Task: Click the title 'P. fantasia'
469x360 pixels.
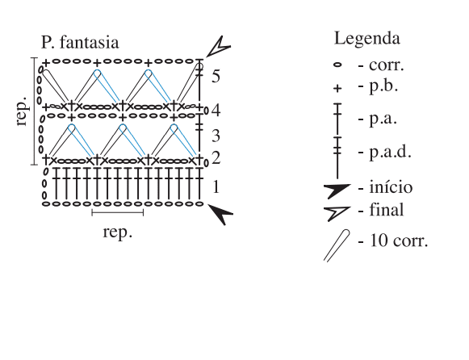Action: [80, 43]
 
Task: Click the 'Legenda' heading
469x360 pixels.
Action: [367, 39]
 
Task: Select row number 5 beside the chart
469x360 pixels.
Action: [216, 76]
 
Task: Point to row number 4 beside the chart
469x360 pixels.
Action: [216, 110]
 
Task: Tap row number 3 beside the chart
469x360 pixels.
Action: [216, 136]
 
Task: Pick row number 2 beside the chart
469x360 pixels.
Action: [216, 157]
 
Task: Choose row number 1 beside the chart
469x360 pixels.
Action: [216, 187]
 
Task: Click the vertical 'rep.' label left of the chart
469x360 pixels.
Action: [23, 111]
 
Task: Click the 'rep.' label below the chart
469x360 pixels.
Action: [118, 232]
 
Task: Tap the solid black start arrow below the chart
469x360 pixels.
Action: [220, 212]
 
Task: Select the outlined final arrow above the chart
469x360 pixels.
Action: [219, 47]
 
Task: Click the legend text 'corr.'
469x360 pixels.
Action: [387, 65]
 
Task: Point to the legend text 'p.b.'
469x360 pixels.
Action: [383, 86]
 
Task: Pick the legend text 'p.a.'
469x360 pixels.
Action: [383, 119]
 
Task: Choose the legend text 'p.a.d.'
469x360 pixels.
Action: [391, 152]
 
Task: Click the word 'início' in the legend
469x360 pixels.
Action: [391, 187]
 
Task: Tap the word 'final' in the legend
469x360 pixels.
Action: [387, 210]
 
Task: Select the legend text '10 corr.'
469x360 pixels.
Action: [399, 240]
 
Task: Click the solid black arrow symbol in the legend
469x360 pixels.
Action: [337, 190]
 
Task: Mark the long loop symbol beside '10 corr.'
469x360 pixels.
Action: [337, 245]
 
